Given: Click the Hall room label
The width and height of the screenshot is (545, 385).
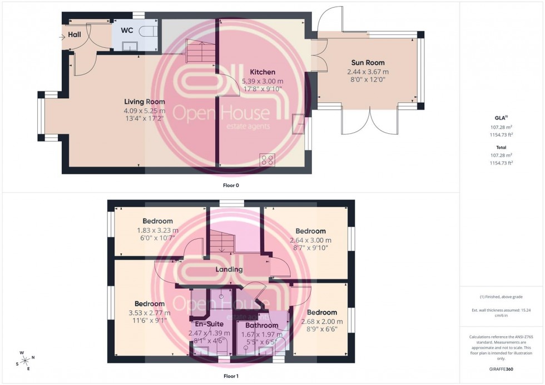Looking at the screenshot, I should click(74, 35).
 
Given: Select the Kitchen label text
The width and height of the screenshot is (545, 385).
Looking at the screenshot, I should click(262, 72).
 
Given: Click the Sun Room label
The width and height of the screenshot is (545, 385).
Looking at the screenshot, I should click(368, 63).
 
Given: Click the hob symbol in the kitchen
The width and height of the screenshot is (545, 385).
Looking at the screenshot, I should click(267, 159).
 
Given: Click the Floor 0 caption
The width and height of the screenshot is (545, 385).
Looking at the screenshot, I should click(231, 185).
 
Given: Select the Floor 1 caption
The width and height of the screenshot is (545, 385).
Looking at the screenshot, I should click(230, 376).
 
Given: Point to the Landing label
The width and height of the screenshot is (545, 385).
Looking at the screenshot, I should click(230, 269).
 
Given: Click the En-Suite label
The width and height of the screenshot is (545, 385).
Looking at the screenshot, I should click(207, 324).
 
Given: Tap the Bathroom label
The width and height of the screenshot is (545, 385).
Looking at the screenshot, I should click(261, 326).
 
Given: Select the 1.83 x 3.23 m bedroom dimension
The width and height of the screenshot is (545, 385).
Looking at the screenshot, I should click(157, 230).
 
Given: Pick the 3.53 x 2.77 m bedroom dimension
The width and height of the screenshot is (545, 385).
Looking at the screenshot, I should click(149, 313).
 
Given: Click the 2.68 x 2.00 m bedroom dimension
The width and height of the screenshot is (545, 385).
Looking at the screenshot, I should click(321, 322).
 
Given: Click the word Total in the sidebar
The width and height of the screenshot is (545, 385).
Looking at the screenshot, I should click(501, 147).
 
